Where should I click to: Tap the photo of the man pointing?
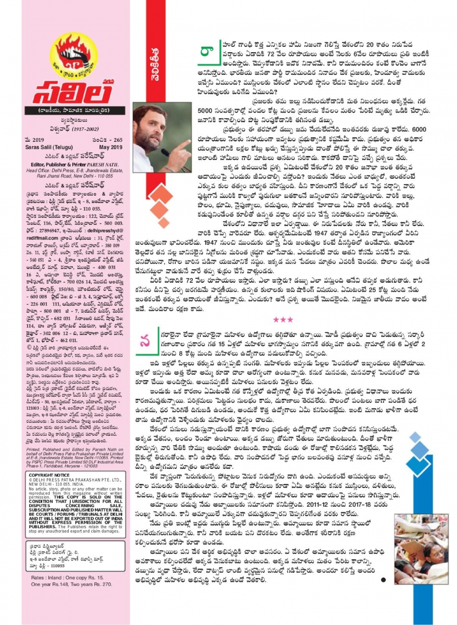point(161,137)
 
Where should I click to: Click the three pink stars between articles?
point(283,320)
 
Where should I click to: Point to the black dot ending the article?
point(383,579)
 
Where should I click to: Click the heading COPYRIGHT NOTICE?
point(49,475)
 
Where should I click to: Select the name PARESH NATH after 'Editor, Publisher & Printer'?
point(102,165)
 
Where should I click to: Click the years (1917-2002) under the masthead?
point(85,129)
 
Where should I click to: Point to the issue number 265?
point(118,140)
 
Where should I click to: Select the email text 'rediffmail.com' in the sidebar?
point(42,238)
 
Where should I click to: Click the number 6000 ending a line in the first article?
point(419,129)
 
